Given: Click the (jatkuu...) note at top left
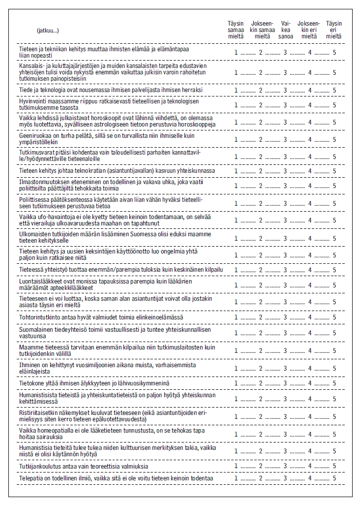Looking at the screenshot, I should tap(48, 31).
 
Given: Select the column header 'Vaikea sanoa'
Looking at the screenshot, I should tap(285, 30).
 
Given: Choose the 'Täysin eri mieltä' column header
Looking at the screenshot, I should tap(334, 30).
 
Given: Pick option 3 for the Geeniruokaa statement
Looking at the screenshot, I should tap(285, 139).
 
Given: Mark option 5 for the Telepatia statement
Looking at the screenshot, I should tap(334, 478).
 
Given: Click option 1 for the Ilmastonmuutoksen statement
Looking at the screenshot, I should tap(236, 186).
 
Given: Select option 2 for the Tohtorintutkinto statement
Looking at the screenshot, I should tap(261, 317).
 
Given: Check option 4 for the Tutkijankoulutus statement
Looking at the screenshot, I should tap(310, 466).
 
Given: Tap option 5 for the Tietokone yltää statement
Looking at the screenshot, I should tap(334, 383).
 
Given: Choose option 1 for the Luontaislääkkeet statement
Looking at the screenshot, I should tap(236, 285).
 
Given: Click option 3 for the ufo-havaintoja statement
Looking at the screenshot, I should tap(285, 220).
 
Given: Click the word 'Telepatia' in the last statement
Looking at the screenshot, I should tap(30, 478).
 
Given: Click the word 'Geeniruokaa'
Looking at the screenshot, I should tap(33, 135).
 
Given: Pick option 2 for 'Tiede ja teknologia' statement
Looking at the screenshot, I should tap(261, 91).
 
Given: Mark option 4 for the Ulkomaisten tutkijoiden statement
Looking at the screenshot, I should tap(310, 238).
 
